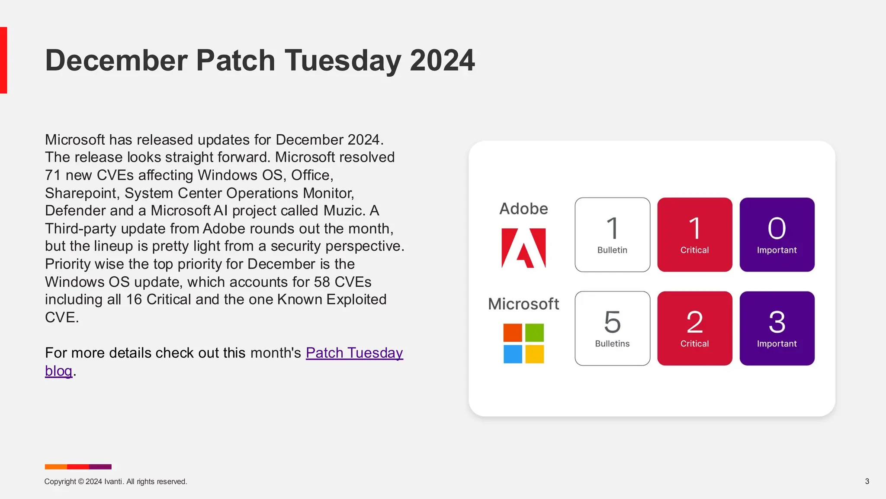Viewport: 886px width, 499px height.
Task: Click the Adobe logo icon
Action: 523,248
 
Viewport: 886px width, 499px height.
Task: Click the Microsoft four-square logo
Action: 523,343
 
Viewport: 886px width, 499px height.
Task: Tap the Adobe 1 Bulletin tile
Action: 612,235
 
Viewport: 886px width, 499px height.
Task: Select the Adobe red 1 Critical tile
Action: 694,235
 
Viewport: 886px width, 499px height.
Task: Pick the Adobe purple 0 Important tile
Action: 777,235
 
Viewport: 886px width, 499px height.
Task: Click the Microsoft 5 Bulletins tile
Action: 612,328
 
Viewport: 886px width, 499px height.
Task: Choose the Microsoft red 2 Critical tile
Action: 694,328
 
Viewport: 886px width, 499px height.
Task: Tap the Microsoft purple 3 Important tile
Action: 777,328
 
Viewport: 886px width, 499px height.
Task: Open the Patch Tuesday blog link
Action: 354,353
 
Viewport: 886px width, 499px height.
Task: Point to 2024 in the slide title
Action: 442,60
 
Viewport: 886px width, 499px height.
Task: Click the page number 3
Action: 867,481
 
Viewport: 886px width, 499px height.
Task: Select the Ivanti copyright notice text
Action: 116,482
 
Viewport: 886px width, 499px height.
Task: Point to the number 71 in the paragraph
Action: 53,175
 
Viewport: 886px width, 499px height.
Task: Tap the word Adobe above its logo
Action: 523,209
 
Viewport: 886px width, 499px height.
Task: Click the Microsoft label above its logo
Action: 523,304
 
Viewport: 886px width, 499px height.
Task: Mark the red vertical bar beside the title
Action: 3,60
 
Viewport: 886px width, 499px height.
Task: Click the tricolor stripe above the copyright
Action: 78,467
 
